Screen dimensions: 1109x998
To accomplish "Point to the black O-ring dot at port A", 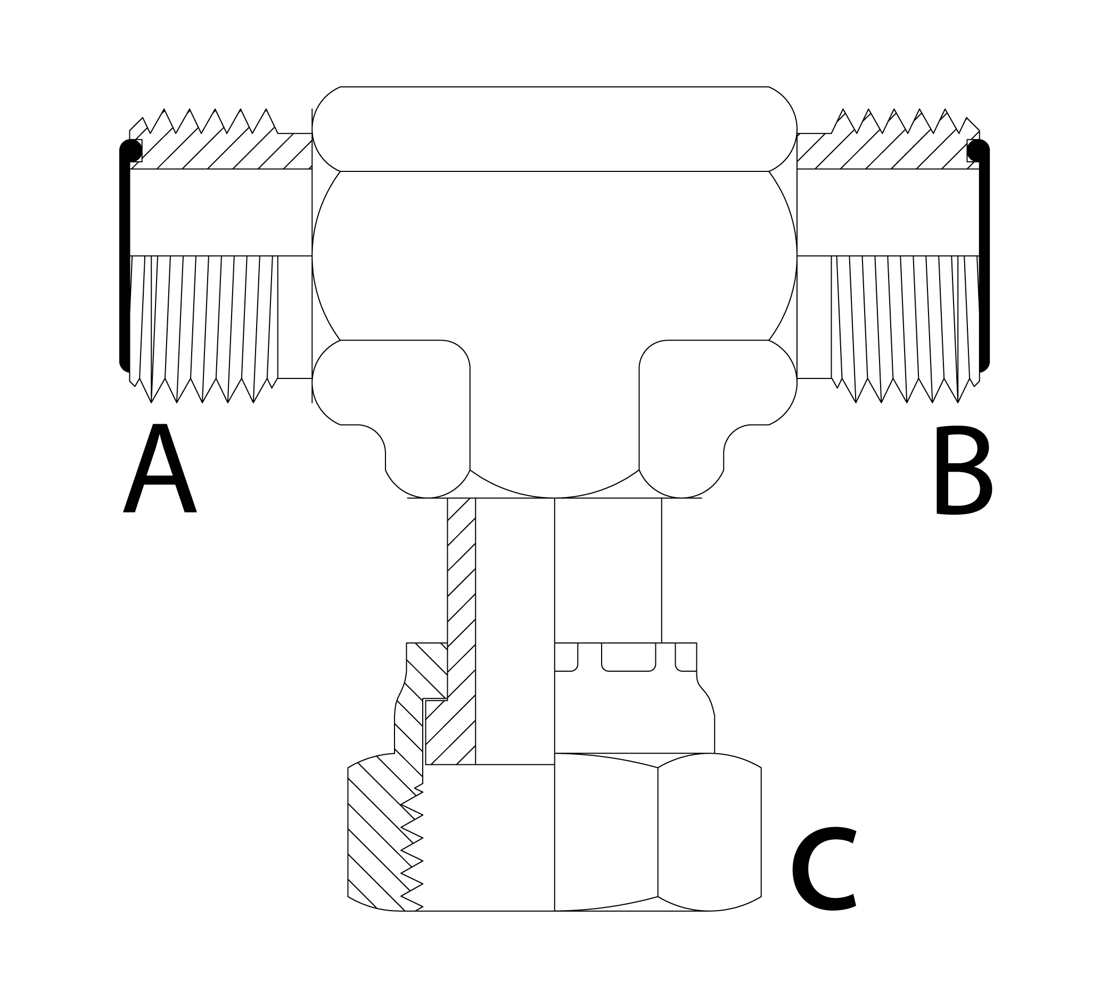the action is click(x=132, y=149).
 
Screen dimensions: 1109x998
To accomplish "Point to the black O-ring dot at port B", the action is click(x=977, y=150).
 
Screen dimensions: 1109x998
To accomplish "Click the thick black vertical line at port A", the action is click(x=124, y=258).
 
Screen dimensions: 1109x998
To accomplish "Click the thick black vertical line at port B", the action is click(x=985, y=258).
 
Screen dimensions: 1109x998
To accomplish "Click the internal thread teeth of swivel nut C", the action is click(x=413, y=855).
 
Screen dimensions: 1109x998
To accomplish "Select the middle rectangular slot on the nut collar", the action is click(x=628, y=656).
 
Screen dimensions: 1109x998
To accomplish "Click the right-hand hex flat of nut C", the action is click(x=709, y=834).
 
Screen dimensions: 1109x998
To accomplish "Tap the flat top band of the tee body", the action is click(x=554, y=129).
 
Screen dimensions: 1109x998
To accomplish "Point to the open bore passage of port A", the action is click(x=219, y=212).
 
